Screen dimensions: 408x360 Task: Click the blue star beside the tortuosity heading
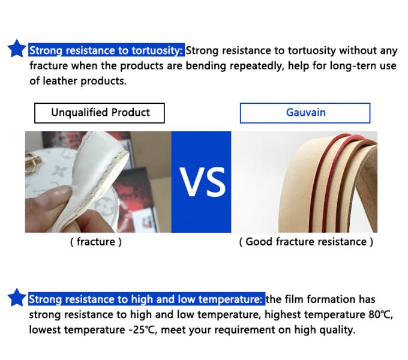(17, 49)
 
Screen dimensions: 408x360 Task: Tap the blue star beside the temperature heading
(17, 298)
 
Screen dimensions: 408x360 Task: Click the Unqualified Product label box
(100, 113)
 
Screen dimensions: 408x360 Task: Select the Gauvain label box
(305, 113)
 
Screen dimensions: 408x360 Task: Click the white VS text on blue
(202, 182)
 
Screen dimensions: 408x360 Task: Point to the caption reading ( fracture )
(96, 242)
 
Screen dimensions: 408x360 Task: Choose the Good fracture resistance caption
(306, 242)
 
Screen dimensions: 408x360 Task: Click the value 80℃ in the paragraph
(380, 315)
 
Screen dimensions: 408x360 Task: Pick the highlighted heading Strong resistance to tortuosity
(106, 50)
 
